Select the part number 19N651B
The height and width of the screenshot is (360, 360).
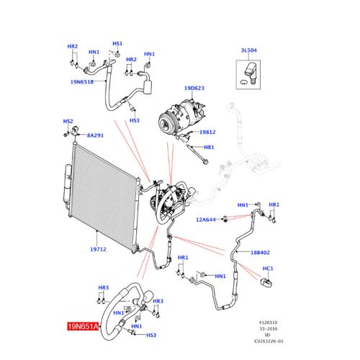click(81, 81)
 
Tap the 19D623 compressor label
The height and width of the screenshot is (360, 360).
click(194, 88)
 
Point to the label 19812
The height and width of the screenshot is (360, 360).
click(207, 132)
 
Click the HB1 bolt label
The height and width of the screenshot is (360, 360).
click(210, 147)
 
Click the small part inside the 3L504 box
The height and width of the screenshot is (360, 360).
click(248, 71)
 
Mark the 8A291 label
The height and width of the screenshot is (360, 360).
click(94, 135)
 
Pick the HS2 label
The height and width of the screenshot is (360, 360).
click(68, 122)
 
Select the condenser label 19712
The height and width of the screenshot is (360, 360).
click(98, 249)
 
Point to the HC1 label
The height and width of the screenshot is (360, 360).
click(267, 269)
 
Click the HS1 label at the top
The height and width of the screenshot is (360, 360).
click(117, 44)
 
